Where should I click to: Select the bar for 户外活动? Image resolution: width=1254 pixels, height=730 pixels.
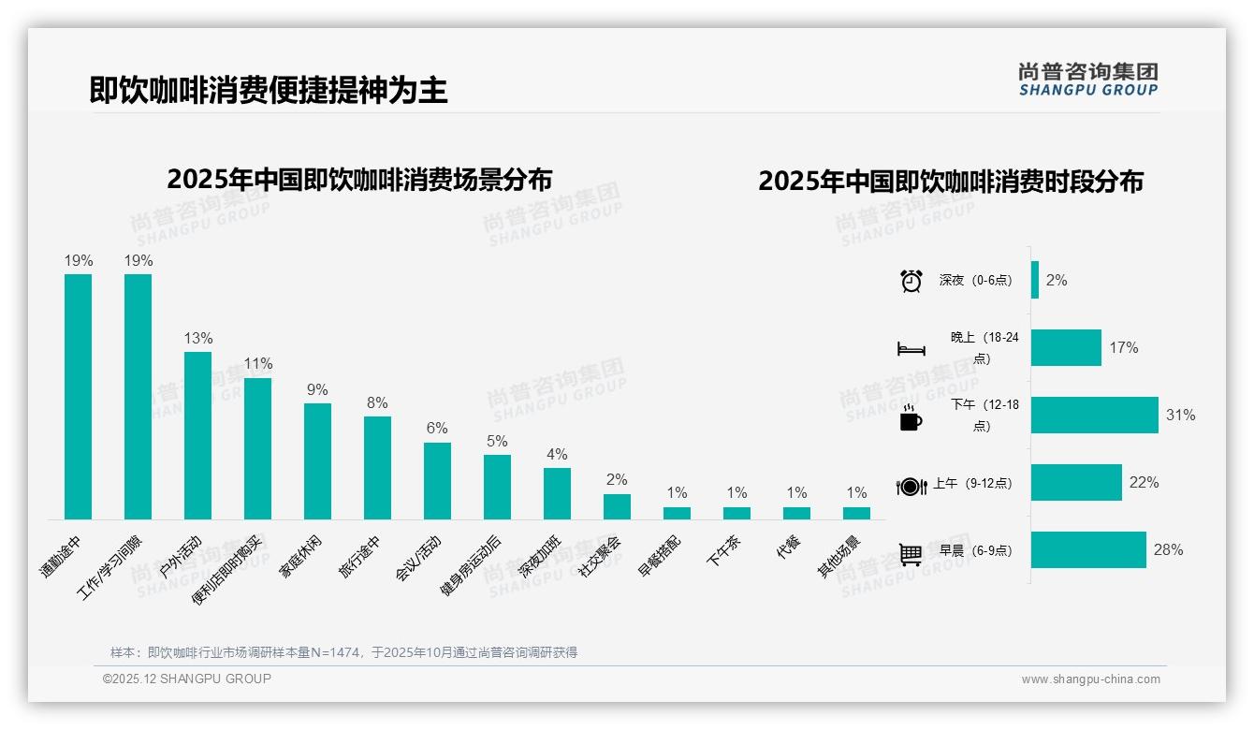[197, 435]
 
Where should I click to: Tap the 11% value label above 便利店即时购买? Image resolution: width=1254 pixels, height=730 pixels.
[257, 363]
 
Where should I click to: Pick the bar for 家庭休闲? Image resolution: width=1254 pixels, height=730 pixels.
[317, 460]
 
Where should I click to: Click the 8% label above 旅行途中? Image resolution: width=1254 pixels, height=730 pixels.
[377, 402]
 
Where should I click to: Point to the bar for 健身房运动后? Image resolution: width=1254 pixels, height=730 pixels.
[497, 487]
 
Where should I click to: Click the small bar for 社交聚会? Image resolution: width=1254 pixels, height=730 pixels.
[617, 506]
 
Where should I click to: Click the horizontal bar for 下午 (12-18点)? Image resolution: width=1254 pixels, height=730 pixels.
[1094, 415]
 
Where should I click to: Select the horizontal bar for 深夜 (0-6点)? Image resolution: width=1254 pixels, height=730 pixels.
[1035, 280]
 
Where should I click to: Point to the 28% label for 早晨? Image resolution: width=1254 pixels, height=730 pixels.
[1168, 550]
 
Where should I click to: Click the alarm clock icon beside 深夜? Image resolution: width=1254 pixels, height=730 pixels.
[911, 281]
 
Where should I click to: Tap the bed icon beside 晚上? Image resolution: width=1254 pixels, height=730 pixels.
[911, 349]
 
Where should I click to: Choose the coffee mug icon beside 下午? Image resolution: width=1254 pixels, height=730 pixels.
[911, 417]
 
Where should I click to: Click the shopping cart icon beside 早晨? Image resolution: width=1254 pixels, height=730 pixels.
[911, 554]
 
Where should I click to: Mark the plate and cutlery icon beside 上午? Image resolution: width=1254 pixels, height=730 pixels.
[911, 486]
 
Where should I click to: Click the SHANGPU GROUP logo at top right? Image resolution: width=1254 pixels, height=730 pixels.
[1087, 80]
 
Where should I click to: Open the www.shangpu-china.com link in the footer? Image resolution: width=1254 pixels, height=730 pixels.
[1090, 679]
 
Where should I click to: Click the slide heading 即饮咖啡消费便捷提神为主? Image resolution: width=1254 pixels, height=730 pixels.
[269, 90]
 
